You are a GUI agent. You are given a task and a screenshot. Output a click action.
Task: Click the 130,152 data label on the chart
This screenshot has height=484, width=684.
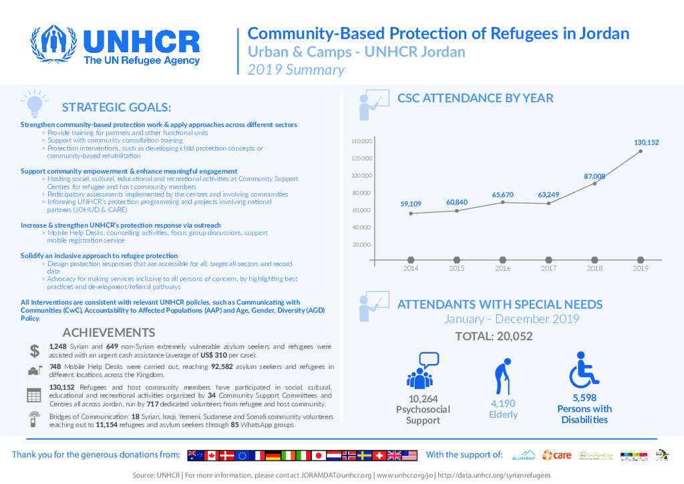646,142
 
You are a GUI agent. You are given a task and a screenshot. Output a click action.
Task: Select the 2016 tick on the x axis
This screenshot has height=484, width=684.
502,268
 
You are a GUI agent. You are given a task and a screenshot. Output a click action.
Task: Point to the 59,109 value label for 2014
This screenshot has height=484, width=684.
411,204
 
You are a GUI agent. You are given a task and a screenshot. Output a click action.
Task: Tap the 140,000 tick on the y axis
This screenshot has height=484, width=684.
361,142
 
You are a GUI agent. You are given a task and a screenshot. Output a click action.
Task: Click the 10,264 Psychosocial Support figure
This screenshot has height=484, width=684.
423,398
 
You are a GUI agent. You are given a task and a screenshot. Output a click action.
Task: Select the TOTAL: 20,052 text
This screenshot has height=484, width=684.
494,336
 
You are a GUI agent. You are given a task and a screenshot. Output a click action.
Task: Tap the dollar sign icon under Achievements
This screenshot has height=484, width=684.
34,351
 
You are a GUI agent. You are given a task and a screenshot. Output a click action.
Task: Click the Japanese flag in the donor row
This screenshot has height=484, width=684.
319,455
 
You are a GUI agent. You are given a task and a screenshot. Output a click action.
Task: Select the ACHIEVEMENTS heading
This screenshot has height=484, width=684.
109,333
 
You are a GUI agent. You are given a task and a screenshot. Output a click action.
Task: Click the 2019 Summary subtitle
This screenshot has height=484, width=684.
296,70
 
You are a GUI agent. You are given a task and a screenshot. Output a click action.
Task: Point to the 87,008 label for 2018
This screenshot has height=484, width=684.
594,176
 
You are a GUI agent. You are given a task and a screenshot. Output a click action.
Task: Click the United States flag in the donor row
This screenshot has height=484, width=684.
409,455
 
